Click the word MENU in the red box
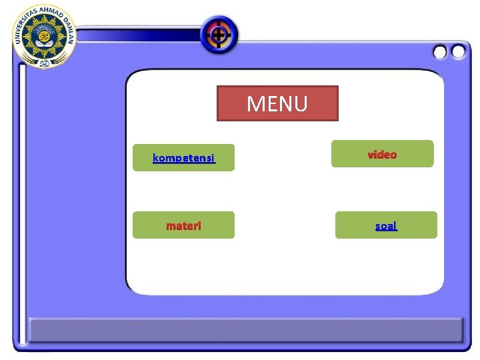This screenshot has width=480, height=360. [277, 104]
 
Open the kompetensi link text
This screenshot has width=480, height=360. [183, 158]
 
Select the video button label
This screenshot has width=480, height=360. [383, 155]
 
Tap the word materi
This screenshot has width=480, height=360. [183, 226]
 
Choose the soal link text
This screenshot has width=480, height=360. [386, 226]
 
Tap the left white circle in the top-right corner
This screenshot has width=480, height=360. [440, 51]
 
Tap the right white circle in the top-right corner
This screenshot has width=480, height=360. [458, 51]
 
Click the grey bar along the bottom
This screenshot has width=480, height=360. [245, 330]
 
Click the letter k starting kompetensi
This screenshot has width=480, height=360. [155, 158]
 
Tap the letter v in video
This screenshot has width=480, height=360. [371, 155]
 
